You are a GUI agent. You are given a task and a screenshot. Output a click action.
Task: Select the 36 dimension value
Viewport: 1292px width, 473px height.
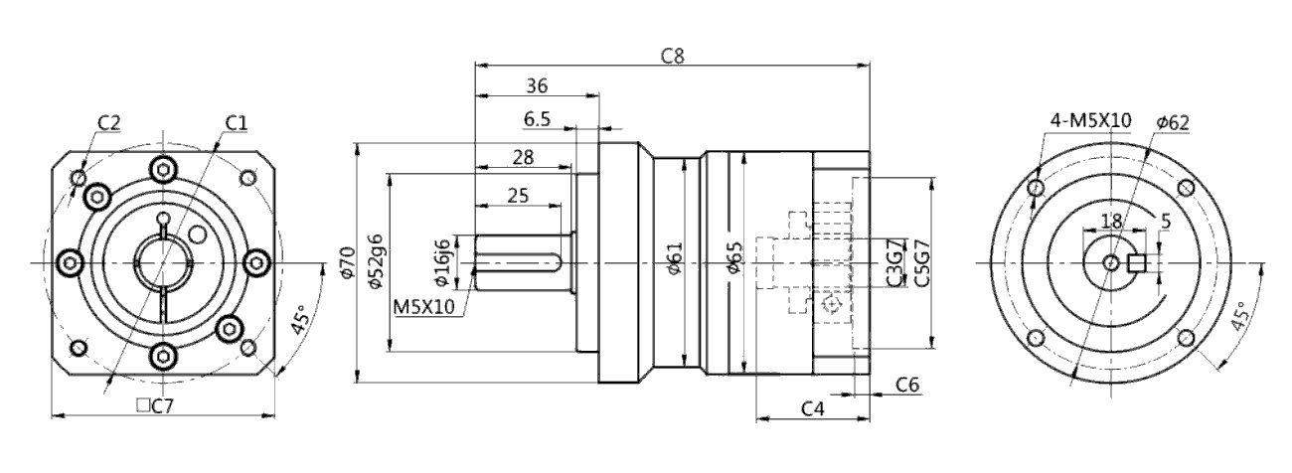(537, 86)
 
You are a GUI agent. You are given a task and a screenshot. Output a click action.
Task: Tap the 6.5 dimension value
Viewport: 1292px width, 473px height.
(537, 119)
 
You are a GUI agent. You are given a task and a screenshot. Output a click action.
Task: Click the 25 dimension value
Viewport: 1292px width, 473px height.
(518, 196)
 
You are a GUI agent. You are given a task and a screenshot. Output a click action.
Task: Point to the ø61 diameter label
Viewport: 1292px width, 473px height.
(675, 262)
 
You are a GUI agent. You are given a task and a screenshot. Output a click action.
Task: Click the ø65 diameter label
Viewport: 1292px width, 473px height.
(733, 262)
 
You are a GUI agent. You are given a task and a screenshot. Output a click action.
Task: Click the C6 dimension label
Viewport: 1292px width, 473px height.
(905, 384)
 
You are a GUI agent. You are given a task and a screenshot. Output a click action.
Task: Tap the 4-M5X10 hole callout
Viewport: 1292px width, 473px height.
(1090, 120)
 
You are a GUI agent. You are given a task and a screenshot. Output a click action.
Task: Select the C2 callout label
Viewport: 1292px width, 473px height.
(109, 122)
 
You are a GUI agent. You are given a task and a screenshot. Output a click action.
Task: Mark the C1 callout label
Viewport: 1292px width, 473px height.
(236, 121)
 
